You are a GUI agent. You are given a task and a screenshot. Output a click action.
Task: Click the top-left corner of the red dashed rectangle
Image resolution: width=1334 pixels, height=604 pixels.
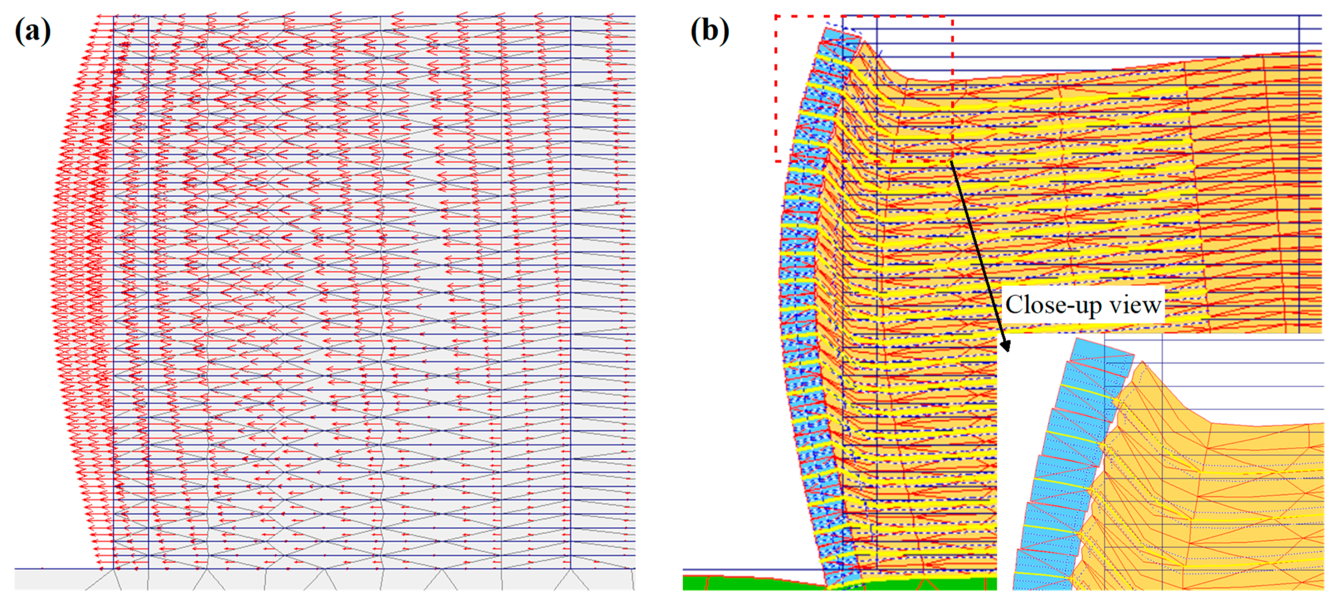tap(776, 16)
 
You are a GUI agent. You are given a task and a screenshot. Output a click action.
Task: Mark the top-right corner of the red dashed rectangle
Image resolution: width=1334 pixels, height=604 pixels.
tap(952, 16)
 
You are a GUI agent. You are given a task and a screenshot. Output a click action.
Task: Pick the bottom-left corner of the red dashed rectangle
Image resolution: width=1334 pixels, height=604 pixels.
tap(776, 161)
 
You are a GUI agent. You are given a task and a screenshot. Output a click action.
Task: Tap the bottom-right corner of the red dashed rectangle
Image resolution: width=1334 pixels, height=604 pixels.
tap(952, 161)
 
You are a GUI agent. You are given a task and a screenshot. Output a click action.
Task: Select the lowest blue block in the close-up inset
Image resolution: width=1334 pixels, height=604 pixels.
tap(1041, 572)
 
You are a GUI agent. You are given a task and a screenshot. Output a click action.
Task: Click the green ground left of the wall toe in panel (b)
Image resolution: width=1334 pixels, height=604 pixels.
tap(751, 583)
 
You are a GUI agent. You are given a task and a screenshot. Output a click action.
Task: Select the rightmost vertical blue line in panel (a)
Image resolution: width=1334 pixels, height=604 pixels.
tap(571, 290)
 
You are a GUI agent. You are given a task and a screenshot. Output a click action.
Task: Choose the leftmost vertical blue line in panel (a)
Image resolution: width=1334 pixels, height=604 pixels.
tap(113, 290)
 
